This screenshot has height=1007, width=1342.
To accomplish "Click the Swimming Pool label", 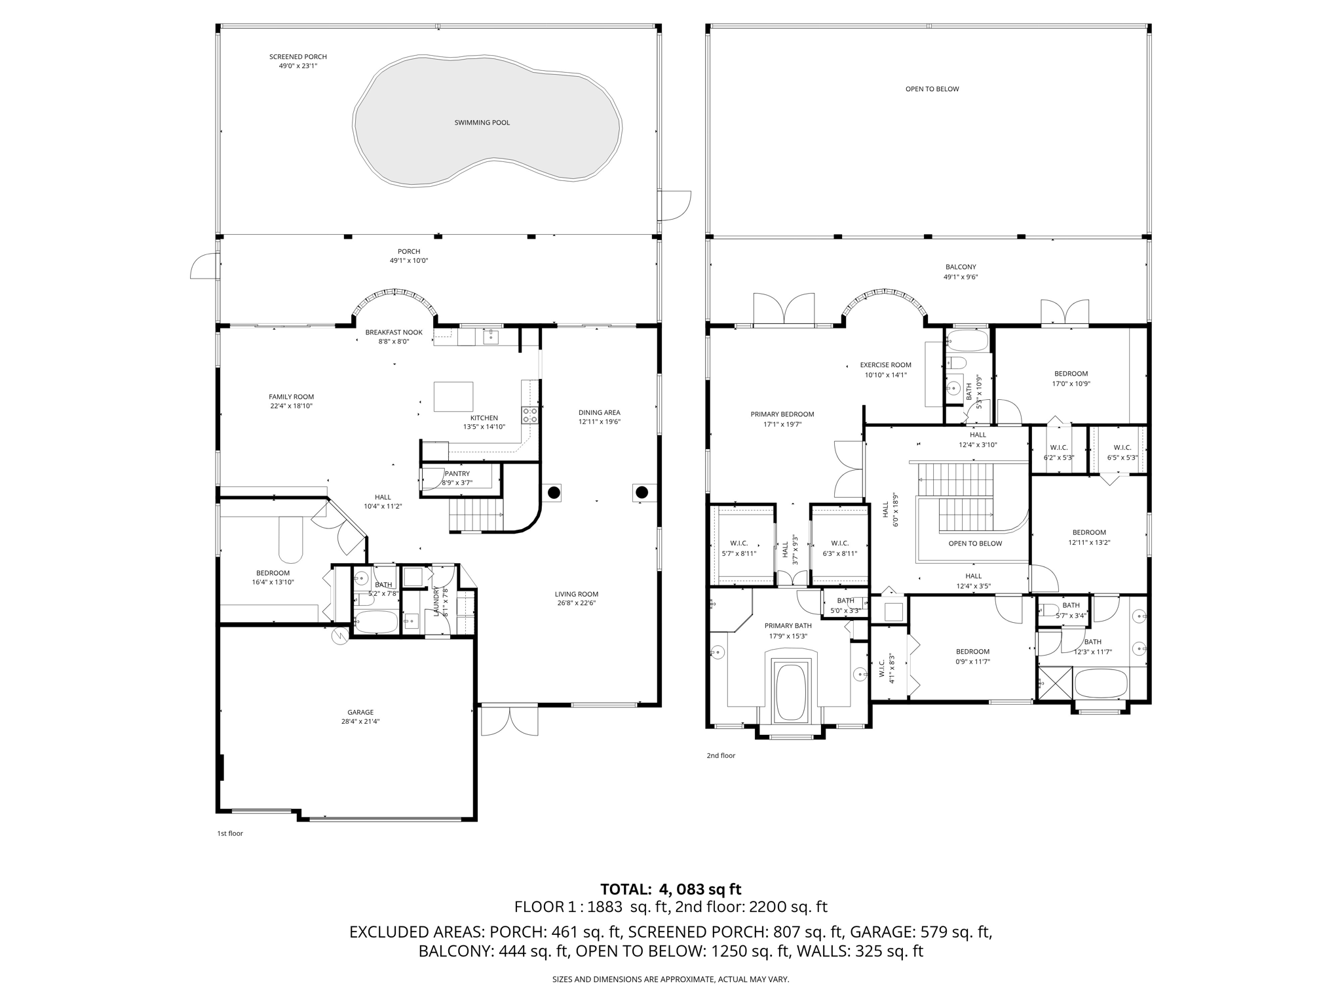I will coord(482,123).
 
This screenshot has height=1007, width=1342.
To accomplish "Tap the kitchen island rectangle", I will coord(453,397).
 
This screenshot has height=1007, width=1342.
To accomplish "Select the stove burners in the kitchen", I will coord(529,414).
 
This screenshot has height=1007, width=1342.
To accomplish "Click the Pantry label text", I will coord(457,473).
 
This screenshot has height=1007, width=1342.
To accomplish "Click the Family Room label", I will coord(291,397).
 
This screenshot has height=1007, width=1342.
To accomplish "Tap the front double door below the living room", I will coord(509,721).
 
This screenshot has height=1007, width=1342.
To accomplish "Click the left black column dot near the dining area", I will coord(554,492).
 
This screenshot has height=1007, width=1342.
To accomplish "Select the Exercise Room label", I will coord(885,365).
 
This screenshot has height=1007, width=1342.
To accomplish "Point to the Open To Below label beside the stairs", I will coord(975,543).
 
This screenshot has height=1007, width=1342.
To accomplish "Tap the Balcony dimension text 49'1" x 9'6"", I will coord(961,277).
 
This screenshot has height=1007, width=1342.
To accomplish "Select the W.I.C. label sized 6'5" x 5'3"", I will coord(1122,448).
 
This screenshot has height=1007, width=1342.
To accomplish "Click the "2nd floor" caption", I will coord(721,755).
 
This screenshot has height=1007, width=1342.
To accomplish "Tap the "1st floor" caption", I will coord(230,833).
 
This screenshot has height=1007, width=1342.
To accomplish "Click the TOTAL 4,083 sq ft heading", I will coord(670,889).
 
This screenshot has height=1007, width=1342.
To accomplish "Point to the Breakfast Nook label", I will coord(394,332).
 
